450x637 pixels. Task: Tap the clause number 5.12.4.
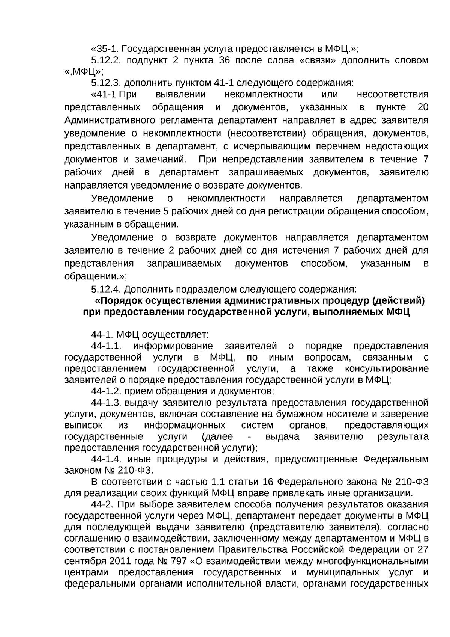tap(105, 290)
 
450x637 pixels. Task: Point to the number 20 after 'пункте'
tap(423, 107)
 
